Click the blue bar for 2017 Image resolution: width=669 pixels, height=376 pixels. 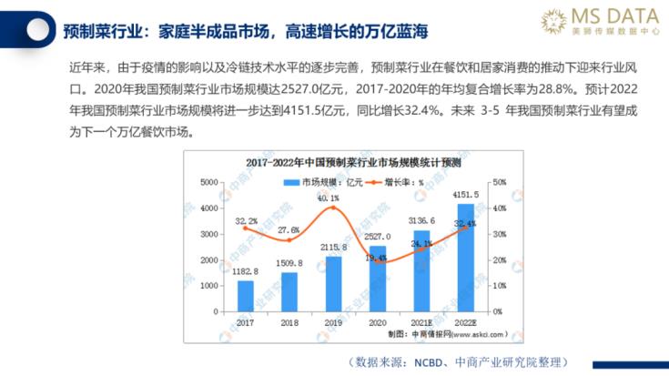[246, 296]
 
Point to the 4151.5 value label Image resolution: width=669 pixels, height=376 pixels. [465, 194]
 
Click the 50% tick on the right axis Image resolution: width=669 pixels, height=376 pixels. [498, 183]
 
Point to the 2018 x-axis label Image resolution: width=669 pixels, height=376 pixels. [289, 321]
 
